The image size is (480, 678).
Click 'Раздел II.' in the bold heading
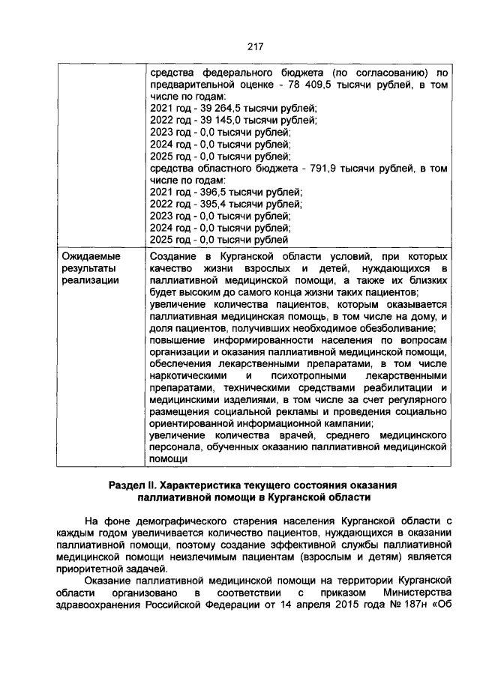tap(134, 485)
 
